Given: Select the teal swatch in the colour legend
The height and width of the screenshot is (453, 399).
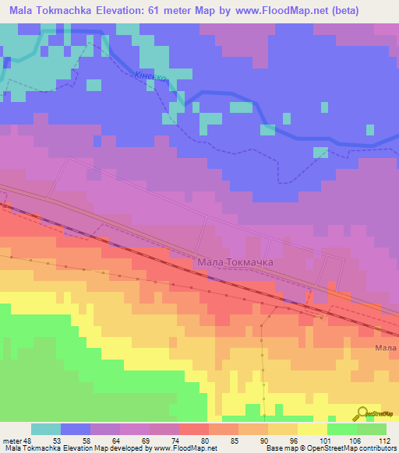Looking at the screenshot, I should tap(45, 429).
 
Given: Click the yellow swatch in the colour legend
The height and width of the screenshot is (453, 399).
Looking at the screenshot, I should tap(312, 429).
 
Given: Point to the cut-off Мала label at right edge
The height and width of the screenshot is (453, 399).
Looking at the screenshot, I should tap(386, 348).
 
